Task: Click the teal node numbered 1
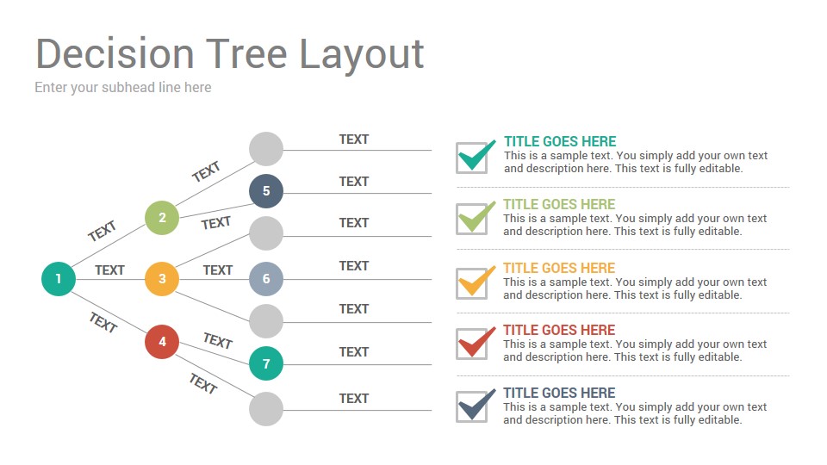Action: [59, 278]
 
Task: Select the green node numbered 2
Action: [162, 217]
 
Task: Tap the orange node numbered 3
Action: [162, 278]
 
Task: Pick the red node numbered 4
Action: [162, 342]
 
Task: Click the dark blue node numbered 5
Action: [266, 191]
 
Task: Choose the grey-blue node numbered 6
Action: [266, 278]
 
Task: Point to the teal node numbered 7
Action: [266, 363]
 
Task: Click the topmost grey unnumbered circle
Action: [266, 149]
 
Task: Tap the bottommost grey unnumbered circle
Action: [266, 408]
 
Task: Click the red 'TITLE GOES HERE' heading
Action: [559, 330]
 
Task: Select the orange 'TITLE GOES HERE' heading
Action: [559, 268]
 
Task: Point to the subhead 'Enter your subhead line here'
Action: [123, 88]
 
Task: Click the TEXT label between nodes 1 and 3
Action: [109, 270]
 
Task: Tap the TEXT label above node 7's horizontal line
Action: [354, 351]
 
